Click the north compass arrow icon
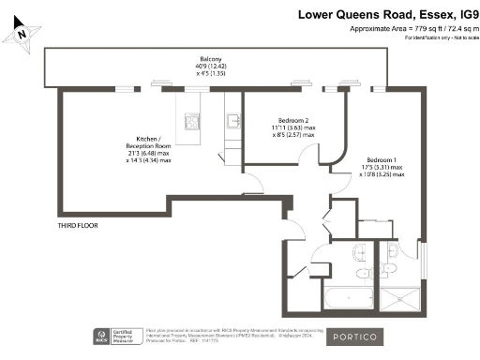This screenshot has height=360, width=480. tap(20, 34)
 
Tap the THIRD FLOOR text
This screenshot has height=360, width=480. tap(79, 226)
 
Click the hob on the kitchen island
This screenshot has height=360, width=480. tap(192, 120)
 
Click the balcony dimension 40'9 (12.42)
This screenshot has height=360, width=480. tap(197, 65)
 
